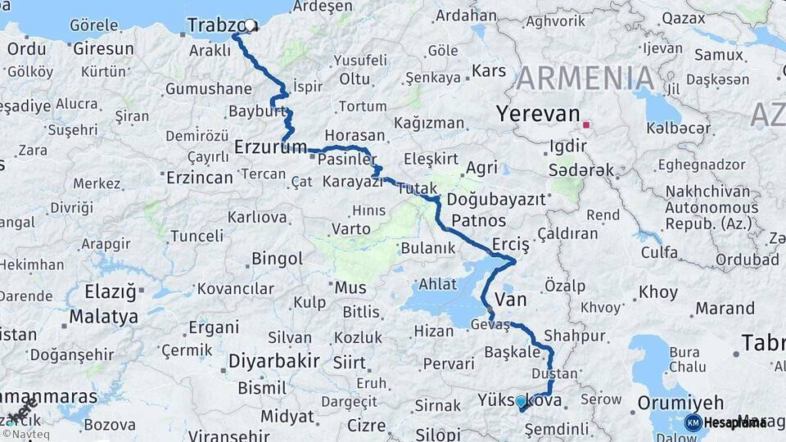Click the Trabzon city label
[217, 26]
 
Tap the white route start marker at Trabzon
[250, 25]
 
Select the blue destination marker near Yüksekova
[521, 402]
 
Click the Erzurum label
[270, 147]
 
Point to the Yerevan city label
[538, 115]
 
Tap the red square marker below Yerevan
[586, 126]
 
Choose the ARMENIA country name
[585, 79]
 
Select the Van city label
[511, 300]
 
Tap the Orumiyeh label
[680, 403]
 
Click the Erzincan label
[200, 177]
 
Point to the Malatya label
[103, 316]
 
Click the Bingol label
[277, 259]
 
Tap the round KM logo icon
[693, 422]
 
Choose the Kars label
[490, 71]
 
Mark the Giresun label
[103, 48]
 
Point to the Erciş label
[512, 245]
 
